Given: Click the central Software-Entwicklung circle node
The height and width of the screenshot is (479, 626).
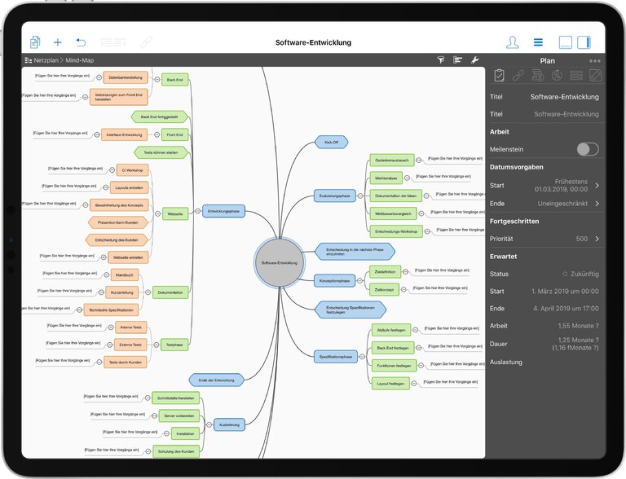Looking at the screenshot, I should point(279,263).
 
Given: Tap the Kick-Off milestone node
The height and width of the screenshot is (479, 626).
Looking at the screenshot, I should point(331,142).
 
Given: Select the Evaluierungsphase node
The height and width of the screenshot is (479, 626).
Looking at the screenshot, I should point(334,196).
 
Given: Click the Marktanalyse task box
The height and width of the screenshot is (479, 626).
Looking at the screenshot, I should point(386,178).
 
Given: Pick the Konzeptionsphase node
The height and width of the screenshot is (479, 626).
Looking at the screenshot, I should point(334,280).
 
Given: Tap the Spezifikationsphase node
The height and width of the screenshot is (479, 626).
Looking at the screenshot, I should point(336,357).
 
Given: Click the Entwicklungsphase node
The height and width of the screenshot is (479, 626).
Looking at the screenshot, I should point(223,210).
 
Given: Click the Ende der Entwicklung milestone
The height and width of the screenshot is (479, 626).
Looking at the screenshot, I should point(215,380).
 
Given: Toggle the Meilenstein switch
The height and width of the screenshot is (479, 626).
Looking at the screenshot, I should point(587,149).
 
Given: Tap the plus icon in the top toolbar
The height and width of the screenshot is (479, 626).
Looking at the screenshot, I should point(58,42).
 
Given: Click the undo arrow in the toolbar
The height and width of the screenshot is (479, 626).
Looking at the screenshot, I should point(81,42).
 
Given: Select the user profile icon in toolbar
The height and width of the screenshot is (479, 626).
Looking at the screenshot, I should point(512,42).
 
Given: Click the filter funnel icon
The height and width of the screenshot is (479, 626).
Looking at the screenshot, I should point(440,60).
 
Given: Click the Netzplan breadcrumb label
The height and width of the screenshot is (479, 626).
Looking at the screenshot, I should point(46,60).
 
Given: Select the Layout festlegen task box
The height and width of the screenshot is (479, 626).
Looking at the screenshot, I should point(390,383).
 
